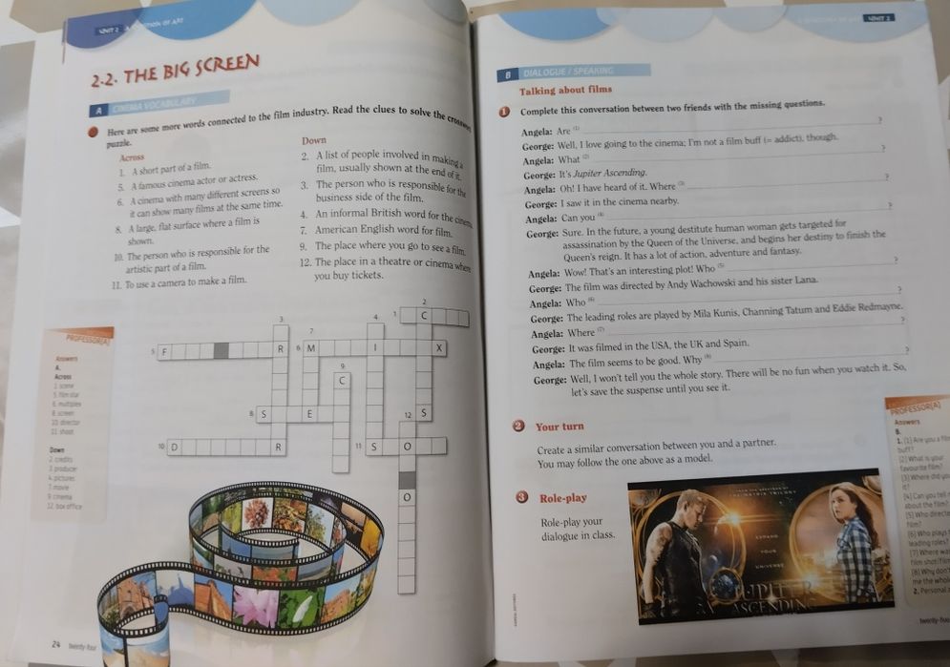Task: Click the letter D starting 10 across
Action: [175, 447]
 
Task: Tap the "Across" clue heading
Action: [133, 156]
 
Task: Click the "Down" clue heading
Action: [314, 141]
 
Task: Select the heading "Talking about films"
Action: [565, 91]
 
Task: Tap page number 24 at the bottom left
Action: [57, 645]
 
